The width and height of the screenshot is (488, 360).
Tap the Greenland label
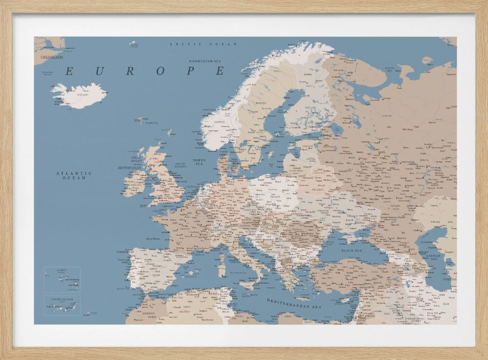(51, 57)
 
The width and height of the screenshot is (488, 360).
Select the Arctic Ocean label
(203, 44)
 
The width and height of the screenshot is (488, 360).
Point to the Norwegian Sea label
(205, 61)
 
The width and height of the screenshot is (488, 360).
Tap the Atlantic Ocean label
(74, 175)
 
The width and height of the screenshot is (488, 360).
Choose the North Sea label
(199, 162)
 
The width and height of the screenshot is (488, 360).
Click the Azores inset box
(62, 279)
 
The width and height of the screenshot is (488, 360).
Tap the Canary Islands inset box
(62, 305)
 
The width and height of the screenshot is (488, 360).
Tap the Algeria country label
(185, 311)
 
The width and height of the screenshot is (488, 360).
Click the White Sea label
(389, 69)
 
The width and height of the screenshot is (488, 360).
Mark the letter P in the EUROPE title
(191, 71)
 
